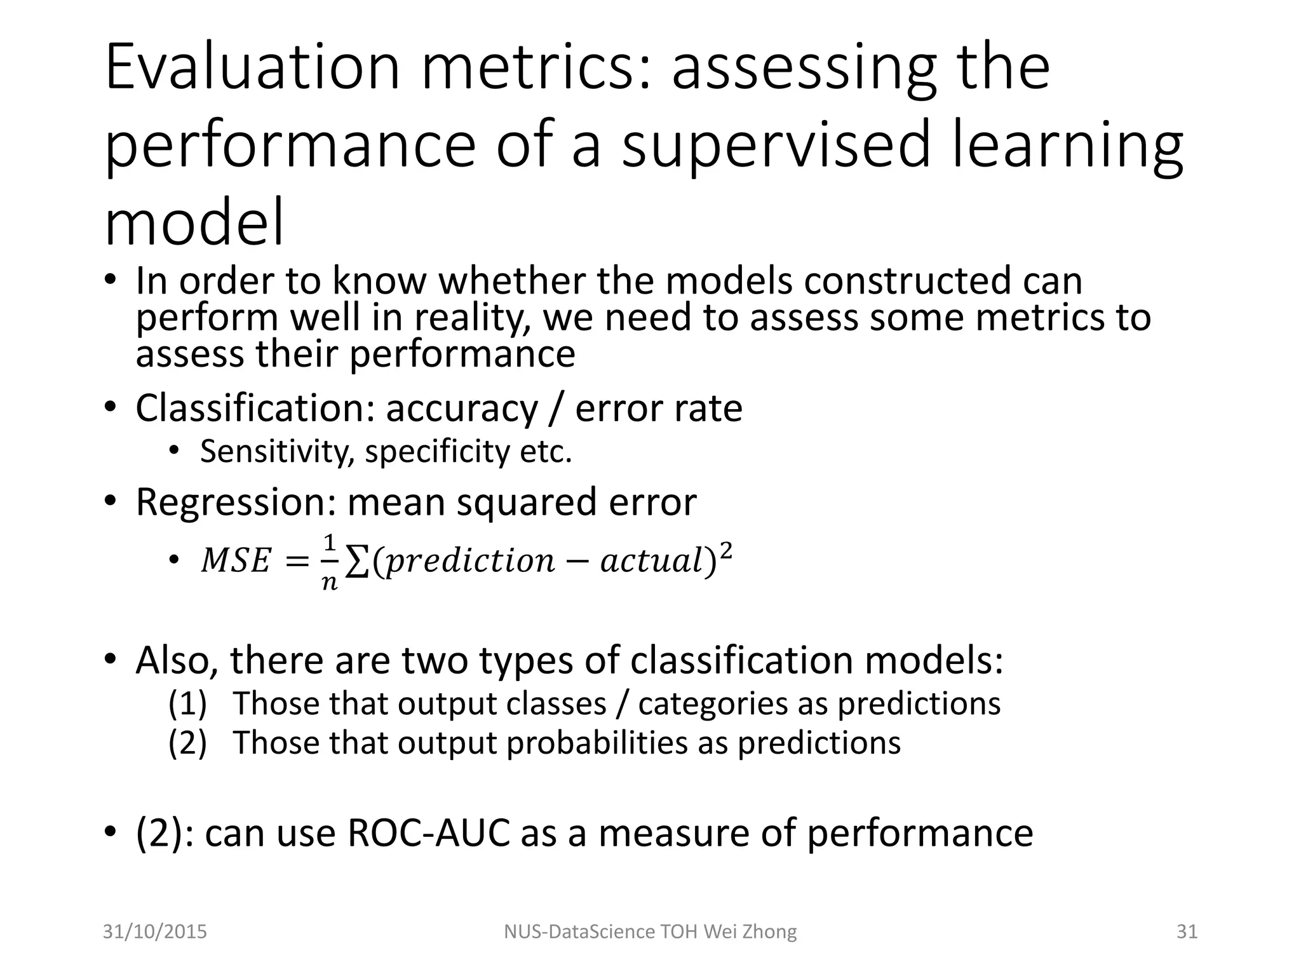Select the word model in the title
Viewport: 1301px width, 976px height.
point(194,223)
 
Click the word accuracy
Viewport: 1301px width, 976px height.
point(462,409)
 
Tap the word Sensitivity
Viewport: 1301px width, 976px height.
point(277,452)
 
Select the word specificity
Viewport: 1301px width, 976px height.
point(438,452)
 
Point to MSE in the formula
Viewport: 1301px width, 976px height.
point(236,561)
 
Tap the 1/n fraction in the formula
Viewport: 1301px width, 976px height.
point(329,562)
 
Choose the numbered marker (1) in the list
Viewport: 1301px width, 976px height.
point(187,703)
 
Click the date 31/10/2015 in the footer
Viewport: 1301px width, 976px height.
point(155,932)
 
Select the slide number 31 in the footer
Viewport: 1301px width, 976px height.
point(1187,932)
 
